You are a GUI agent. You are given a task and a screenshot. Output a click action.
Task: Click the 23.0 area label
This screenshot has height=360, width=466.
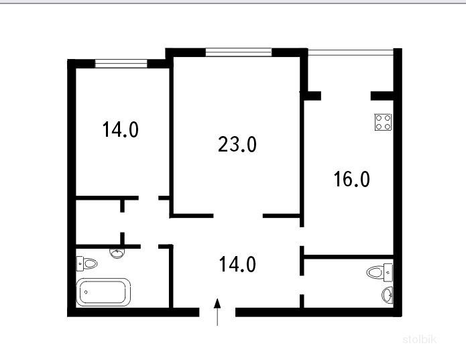(237, 144)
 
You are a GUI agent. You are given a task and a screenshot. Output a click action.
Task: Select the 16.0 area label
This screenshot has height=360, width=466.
(351, 179)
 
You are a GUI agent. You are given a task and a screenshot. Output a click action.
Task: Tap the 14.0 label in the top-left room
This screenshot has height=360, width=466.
(121, 129)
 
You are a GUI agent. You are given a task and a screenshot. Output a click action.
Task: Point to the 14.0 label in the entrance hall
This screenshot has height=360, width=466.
(237, 264)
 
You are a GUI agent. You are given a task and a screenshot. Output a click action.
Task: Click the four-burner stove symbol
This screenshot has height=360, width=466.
(383, 122)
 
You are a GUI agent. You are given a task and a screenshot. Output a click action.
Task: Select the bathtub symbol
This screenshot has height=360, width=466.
(103, 292)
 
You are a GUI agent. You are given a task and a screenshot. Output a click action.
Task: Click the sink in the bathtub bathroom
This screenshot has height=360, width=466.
(117, 253)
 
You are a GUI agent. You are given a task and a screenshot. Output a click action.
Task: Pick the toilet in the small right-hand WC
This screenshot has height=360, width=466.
(380, 272)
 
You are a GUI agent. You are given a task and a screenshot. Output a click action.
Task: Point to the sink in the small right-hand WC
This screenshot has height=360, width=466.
(388, 295)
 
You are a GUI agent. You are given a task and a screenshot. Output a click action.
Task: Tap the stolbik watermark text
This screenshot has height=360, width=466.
(419, 339)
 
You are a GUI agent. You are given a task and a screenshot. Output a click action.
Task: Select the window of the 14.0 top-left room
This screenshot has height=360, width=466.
(121, 64)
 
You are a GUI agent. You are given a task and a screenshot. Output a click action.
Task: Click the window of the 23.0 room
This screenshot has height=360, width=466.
(239, 52)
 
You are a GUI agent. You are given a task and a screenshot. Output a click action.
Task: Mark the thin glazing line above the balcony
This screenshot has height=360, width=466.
(351, 52)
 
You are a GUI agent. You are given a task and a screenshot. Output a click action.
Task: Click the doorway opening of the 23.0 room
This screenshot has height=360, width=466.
(238, 216)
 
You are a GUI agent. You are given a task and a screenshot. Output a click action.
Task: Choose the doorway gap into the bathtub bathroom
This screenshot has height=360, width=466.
(150, 247)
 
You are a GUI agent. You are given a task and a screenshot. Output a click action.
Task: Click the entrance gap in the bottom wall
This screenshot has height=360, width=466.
(217, 312)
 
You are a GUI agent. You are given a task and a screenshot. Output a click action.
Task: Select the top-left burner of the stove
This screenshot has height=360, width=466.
(379, 118)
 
